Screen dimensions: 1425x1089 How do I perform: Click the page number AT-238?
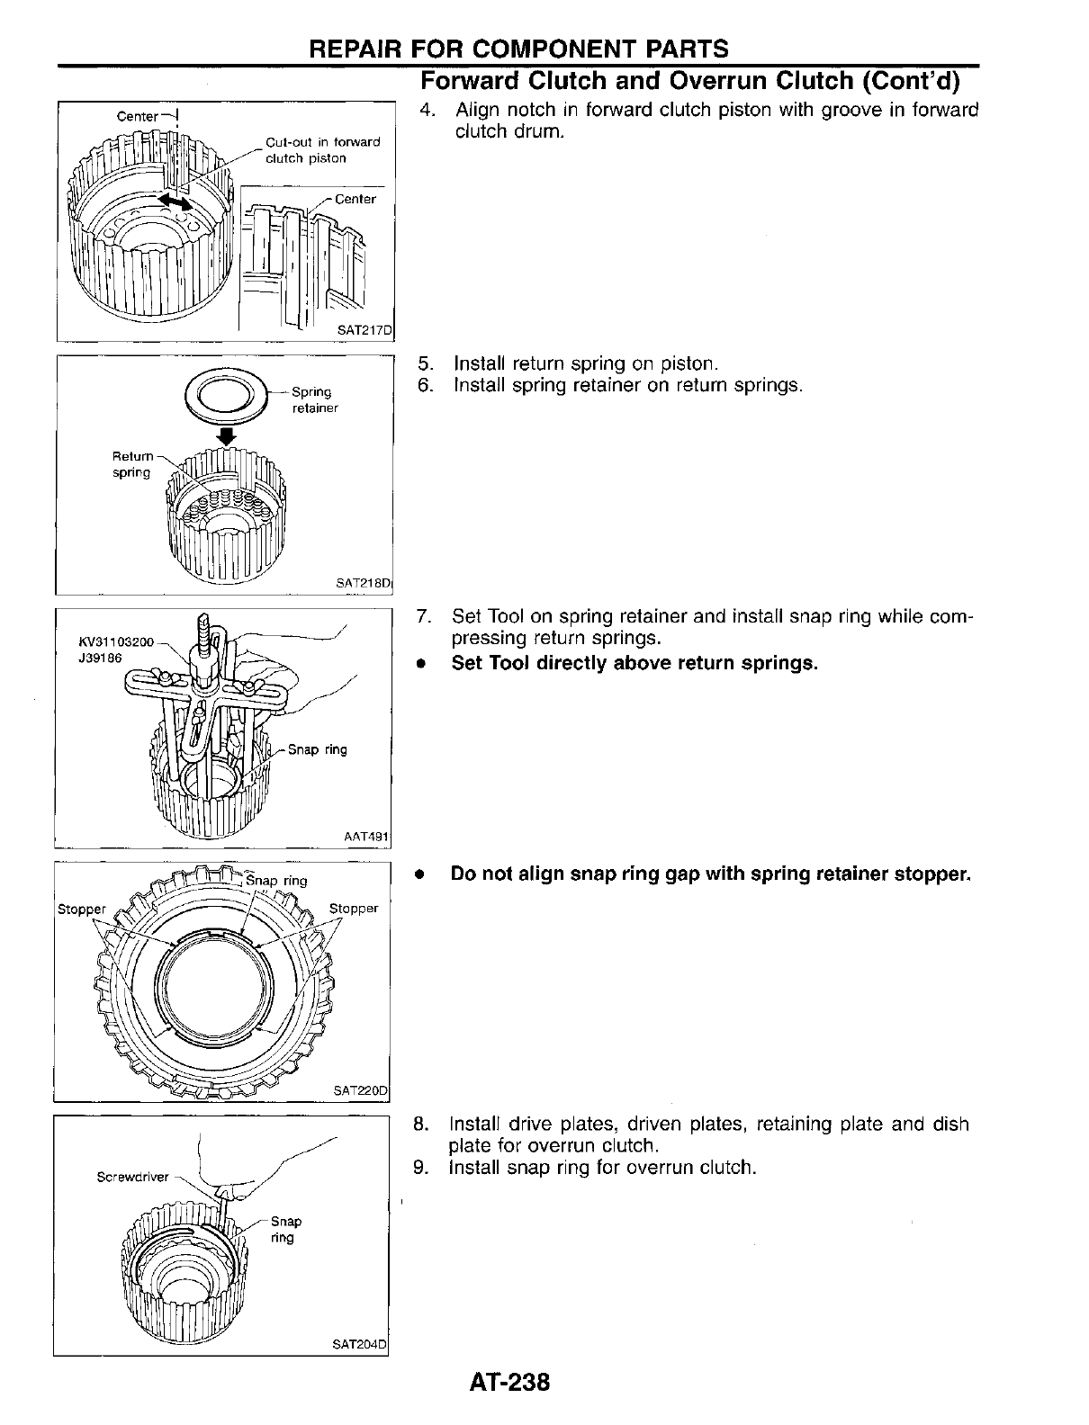(508, 1381)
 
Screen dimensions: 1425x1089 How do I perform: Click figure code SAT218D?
(363, 583)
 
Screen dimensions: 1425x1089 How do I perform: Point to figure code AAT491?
(365, 837)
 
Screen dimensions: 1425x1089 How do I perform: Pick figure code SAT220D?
(360, 1090)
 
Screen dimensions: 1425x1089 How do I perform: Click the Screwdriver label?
(132, 1176)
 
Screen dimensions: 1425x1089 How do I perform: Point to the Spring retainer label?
(314, 399)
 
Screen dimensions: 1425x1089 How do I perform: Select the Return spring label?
(130, 464)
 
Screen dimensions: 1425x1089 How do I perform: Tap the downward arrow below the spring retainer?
(228, 435)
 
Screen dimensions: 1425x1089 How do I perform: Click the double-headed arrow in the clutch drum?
(176, 199)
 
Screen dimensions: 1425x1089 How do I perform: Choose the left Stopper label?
(82, 909)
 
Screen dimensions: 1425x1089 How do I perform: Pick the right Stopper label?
(354, 909)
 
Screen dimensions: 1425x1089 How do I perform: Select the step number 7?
(423, 617)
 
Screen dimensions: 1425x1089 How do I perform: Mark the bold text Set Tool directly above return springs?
(634, 663)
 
